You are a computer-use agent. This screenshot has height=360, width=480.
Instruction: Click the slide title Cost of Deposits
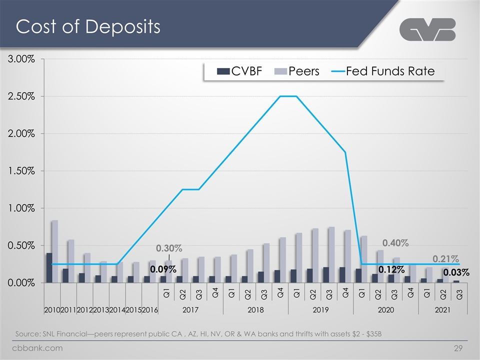click(88, 26)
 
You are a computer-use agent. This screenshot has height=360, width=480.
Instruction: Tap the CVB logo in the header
click(427, 29)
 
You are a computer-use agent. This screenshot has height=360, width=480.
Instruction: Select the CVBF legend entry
click(239, 71)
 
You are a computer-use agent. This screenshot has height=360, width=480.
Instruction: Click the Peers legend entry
click(297, 71)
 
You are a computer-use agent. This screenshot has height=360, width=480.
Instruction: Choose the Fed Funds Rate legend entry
click(383, 71)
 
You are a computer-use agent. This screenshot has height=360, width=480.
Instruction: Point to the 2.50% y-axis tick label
click(21, 96)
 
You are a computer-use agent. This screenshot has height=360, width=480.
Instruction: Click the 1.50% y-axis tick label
click(21, 171)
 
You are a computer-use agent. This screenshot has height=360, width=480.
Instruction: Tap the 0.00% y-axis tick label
click(21, 282)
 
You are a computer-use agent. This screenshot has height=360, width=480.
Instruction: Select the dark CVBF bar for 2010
click(49, 268)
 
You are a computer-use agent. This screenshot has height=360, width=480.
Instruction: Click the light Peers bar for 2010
click(55, 251)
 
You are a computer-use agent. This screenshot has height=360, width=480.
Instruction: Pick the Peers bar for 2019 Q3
click(331, 254)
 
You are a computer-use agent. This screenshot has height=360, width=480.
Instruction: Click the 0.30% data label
click(169, 248)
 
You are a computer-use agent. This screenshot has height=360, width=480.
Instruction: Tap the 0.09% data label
click(163, 269)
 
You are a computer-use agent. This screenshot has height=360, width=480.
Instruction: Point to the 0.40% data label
click(395, 243)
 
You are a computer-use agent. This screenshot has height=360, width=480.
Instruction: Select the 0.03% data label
click(456, 272)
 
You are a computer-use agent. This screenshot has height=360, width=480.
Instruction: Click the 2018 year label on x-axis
click(255, 310)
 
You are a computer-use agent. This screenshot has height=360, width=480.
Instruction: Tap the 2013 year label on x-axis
click(101, 310)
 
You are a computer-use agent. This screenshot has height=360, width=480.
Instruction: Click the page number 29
click(458, 348)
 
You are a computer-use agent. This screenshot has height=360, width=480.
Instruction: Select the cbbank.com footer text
click(37, 348)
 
